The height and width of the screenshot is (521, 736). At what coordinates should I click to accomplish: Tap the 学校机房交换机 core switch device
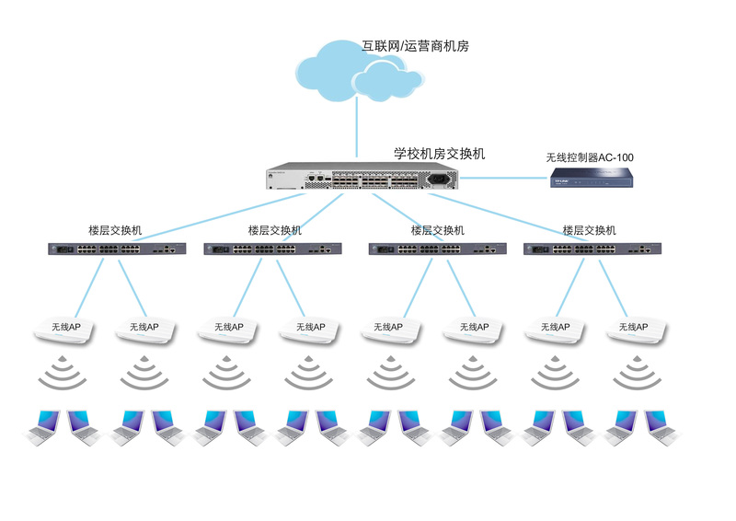(x=362, y=179)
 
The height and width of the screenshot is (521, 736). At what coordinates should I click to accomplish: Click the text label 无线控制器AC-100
(x=590, y=157)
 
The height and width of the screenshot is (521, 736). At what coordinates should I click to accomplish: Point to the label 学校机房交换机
(x=440, y=154)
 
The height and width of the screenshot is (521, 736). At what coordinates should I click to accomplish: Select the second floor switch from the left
(x=272, y=249)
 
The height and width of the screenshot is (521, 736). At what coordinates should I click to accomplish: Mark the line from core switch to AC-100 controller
(x=502, y=179)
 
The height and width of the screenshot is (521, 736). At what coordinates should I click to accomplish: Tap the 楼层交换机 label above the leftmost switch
(x=116, y=230)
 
